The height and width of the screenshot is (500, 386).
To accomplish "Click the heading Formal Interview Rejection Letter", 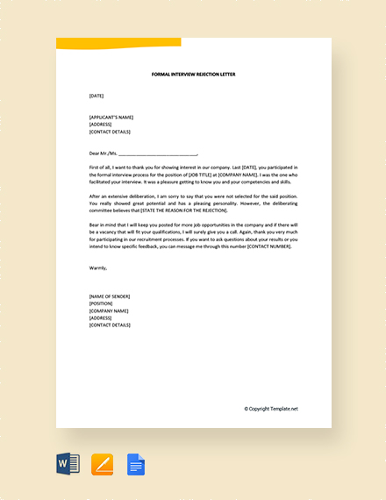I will pyautogui.click(x=193, y=75).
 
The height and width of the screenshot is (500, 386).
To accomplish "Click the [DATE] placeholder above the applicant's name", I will pyautogui.click(x=96, y=96).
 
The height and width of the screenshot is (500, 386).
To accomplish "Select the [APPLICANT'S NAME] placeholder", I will pyautogui.click(x=111, y=117).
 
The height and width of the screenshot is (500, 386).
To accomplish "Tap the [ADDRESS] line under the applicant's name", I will pyautogui.click(x=102, y=124).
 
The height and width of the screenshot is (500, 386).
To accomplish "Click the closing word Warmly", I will pyautogui.click(x=98, y=268).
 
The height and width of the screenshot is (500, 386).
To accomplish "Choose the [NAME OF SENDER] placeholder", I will pyautogui.click(x=110, y=296).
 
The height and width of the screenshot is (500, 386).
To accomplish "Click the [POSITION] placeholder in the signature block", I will pyautogui.click(x=101, y=304).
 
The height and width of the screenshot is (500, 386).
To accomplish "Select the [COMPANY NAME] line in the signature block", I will pyautogui.click(x=109, y=311).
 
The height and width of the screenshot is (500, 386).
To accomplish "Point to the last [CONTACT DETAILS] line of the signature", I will pyautogui.click(x=110, y=325).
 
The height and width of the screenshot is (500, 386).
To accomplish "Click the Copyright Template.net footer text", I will pyautogui.click(x=271, y=409).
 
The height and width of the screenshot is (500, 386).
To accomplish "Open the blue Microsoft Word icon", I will pyautogui.click(x=68, y=464).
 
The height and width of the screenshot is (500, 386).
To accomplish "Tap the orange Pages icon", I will pyautogui.click(x=102, y=464).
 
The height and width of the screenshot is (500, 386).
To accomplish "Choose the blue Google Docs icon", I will pyautogui.click(x=136, y=464).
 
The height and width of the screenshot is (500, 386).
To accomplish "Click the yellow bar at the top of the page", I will pyautogui.click(x=118, y=43).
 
